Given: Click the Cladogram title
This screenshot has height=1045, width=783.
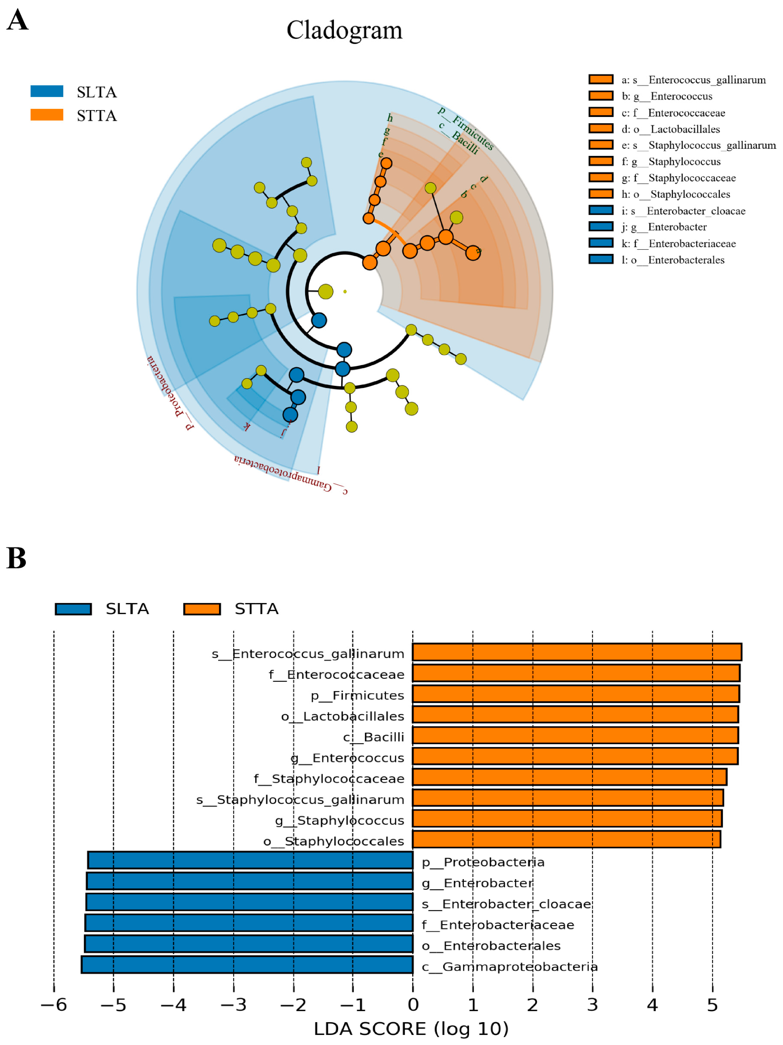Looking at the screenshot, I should pos(344,30).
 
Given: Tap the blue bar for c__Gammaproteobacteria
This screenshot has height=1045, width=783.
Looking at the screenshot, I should pos(247,964).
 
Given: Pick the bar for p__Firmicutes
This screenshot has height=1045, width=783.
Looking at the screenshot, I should pos(575,693).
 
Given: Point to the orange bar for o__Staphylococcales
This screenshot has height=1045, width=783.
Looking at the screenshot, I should pos(566,839).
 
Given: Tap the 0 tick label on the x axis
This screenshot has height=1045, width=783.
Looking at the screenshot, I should pos(413,1005).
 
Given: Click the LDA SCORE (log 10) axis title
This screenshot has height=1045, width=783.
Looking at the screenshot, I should pos(411,1029).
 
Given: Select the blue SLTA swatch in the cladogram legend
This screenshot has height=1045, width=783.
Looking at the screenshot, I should pos(47,91).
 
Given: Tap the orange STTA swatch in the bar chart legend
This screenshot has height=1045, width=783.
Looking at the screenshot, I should pos(202,609).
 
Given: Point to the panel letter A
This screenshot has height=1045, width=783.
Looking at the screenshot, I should pos(17,20).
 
